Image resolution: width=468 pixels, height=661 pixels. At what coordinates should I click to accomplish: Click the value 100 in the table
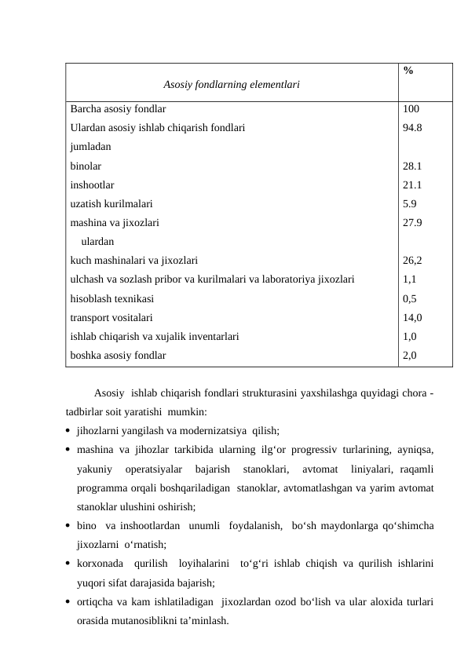point(411,110)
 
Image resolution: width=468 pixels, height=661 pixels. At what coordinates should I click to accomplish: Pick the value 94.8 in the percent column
point(413,128)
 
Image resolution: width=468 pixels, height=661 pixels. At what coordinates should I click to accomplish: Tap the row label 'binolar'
point(86,166)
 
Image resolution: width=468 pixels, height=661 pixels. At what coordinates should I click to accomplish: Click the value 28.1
point(412,166)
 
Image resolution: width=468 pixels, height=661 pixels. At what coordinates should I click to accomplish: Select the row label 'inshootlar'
point(92,185)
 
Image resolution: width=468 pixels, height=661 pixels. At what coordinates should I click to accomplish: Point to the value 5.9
point(409,203)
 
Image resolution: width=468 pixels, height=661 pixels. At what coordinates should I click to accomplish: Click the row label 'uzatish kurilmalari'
point(112,203)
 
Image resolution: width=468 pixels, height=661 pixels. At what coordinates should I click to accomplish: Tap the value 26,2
point(413,260)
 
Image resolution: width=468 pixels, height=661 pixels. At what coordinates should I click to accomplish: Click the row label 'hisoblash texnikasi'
point(112,298)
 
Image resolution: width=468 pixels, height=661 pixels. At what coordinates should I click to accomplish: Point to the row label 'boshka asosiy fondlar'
point(118,355)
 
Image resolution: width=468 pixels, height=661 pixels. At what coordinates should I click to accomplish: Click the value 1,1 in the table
point(409,279)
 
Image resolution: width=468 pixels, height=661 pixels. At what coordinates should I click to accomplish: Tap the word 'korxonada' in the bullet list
point(100,564)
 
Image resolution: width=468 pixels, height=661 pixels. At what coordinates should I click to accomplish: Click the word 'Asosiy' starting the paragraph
point(109,393)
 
